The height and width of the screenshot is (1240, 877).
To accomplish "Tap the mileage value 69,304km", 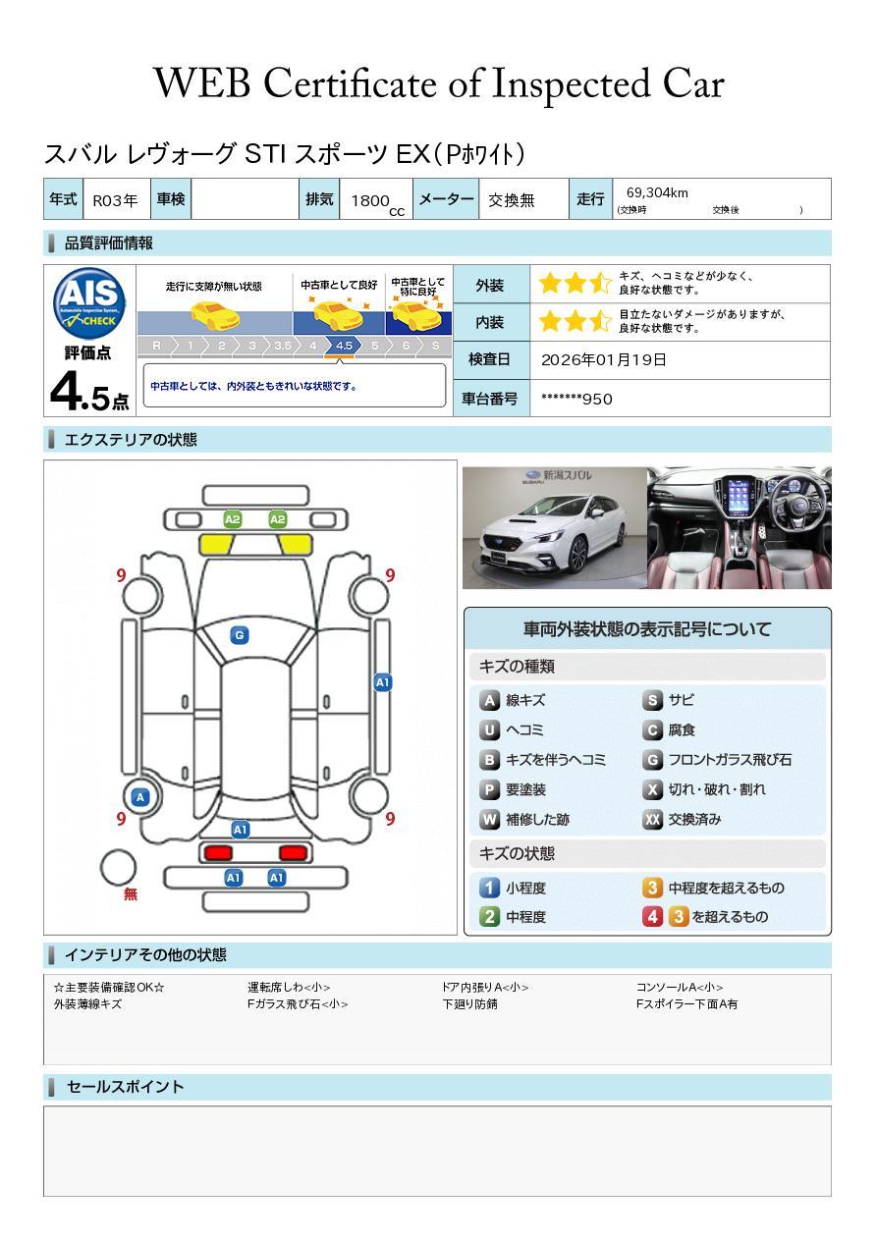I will coord(657,193).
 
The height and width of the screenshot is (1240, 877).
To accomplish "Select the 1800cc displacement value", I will coord(371,200).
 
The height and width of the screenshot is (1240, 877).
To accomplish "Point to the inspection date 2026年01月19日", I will coord(603,360).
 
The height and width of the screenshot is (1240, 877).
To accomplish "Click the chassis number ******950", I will coord(576,399).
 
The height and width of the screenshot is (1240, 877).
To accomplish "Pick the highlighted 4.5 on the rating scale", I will coord(344,346).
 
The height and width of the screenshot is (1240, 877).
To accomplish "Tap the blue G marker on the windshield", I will coord(239,635).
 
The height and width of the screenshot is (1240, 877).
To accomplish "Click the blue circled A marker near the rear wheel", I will coord(140,797).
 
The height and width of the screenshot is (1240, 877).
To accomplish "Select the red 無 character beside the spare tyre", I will coord(131,894).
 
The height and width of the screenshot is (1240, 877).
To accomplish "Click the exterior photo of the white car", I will coord(554,527).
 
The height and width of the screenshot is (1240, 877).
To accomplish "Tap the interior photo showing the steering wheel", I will coord(739,527).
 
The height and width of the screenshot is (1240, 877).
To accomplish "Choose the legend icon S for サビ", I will coord(652,700).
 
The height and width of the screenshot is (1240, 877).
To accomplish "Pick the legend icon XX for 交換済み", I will coord(652,819).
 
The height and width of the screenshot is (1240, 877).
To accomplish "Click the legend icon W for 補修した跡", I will coord(489,819).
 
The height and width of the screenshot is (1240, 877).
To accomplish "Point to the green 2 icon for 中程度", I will coord(489,917).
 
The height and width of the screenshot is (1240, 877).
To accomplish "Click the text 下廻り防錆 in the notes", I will coord(469,1004).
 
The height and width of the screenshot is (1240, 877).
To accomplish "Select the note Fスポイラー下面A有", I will coord(686,1004).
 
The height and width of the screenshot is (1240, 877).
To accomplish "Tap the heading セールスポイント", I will coord(125,1087).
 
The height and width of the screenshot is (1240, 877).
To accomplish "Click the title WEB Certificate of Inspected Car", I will coord(438,83).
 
